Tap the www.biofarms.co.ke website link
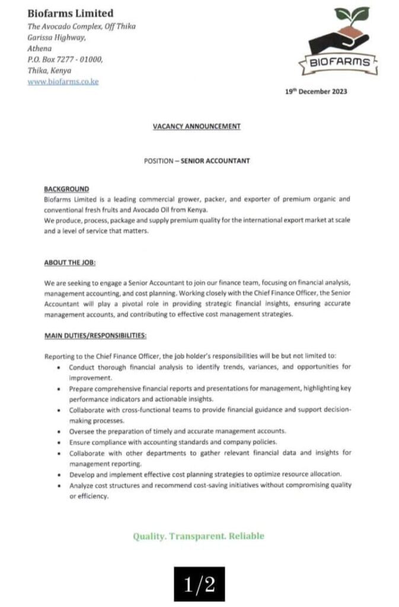63,81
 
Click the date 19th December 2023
316,91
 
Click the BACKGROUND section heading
66,189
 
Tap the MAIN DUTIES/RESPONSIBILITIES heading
95,336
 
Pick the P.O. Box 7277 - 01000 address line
65,59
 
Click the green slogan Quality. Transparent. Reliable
199,536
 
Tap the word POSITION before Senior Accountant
159,160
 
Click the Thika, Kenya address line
49,71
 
